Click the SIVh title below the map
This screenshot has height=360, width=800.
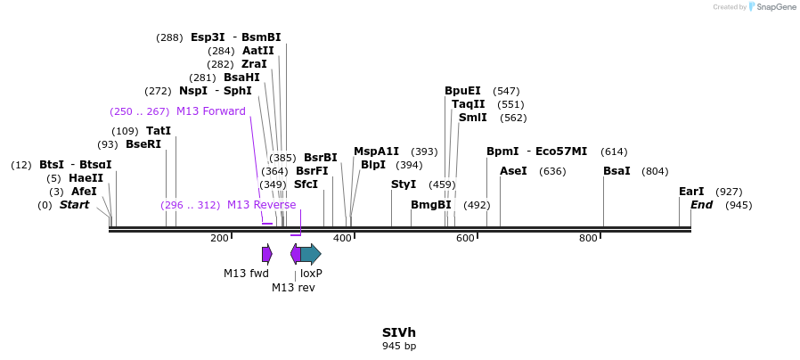click(x=399, y=332)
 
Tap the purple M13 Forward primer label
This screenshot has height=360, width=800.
click(x=210, y=111)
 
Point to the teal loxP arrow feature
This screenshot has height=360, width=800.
click(x=310, y=254)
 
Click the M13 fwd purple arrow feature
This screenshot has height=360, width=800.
click(x=266, y=254)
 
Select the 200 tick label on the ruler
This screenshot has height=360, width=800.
click(x=219, y=238)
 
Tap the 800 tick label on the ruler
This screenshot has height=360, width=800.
click(x=588, y=238)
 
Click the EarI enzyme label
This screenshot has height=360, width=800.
click(x=691, y=192)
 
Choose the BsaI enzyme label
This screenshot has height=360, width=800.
click(x=616, y=171)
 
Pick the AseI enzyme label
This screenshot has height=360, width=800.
click(x=513, y=171)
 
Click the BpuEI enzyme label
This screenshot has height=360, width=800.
click(x=462, y=91)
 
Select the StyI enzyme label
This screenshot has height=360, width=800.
click(x=404, y=184)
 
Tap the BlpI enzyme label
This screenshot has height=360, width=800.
click(x=373, y=165)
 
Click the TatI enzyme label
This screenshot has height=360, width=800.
click(x=159, y=131)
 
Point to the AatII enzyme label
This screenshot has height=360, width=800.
click(x=258, y=51)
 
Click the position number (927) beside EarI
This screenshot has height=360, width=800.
click(x=729, y=192)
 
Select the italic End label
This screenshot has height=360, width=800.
click(x=702, y=205)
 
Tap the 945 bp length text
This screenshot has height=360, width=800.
click(x=399, y=346)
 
